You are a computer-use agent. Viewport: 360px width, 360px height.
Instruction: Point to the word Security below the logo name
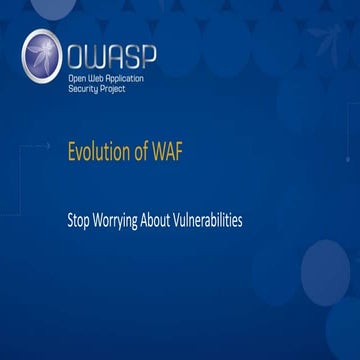[x=87, y=87]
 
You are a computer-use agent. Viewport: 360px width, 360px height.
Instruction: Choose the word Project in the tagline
[x=121, y=87]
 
